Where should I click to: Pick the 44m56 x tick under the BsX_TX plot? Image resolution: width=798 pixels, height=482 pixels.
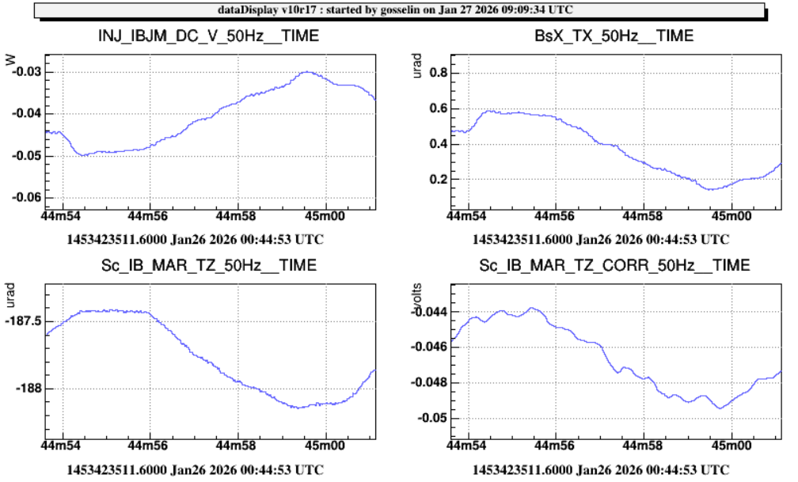tap(553, 215)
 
